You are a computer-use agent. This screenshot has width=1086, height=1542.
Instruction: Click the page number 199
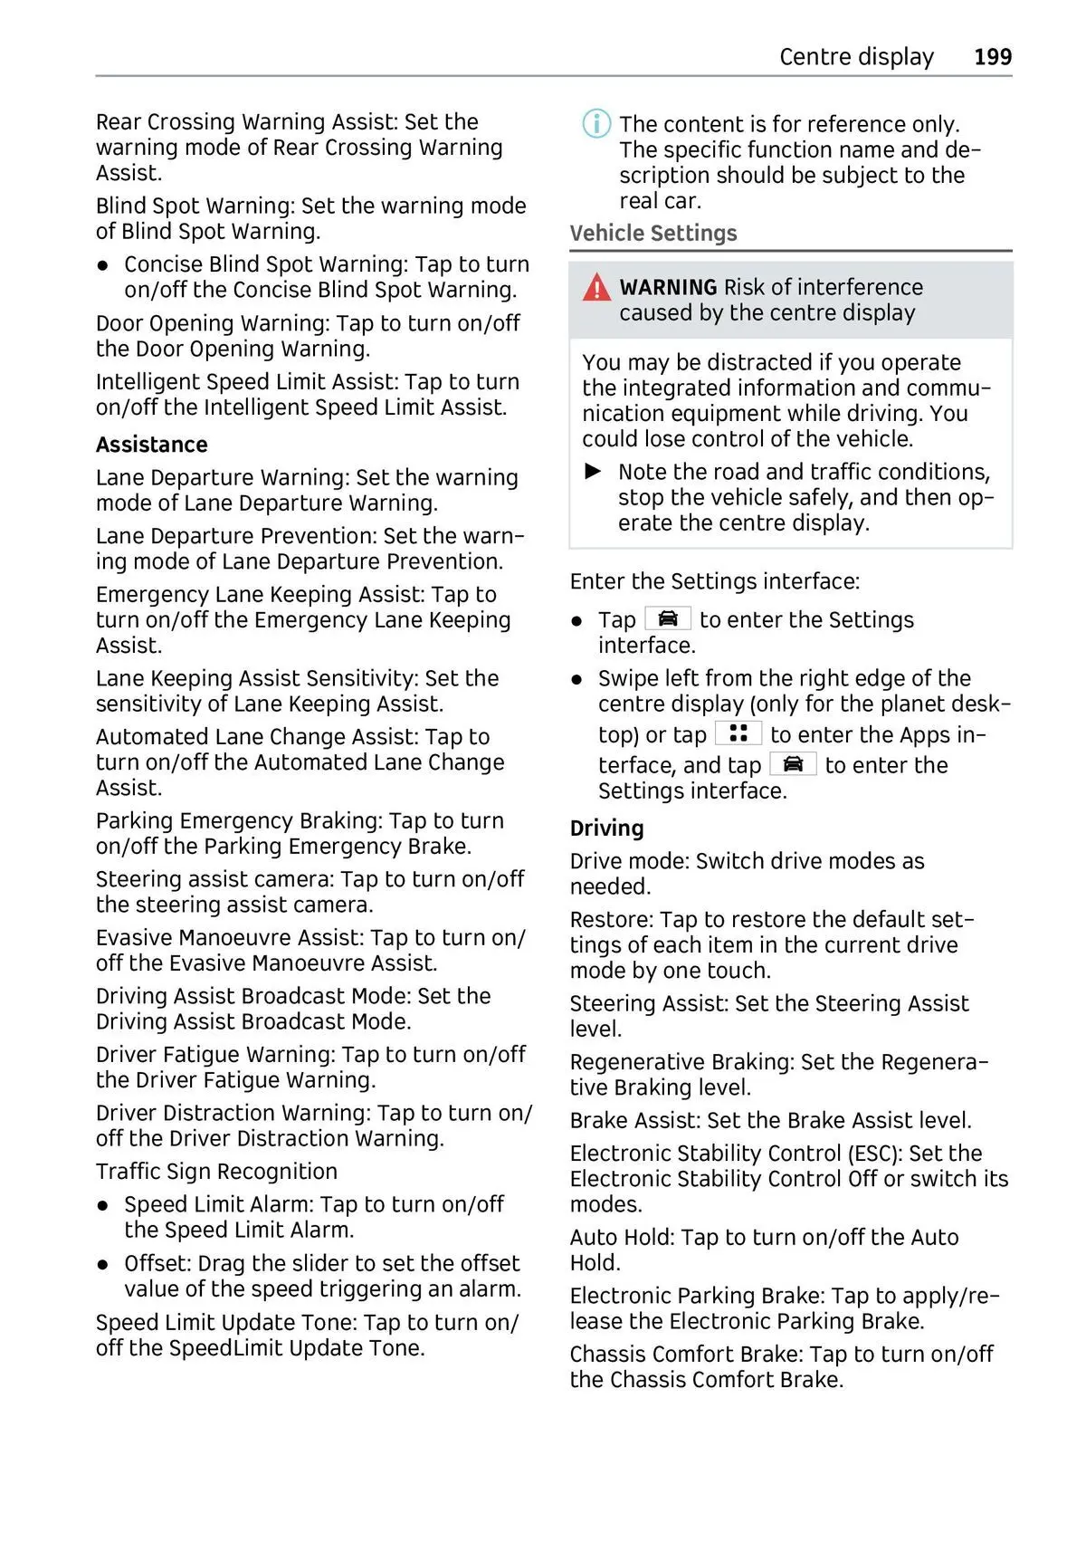point(992,57)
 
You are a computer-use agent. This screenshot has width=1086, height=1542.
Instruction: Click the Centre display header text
point(855,57)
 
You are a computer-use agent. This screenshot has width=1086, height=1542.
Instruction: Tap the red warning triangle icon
point(596,288)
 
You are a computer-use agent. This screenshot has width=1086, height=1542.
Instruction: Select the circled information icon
point(596,123)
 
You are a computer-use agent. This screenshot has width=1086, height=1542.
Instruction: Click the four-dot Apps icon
point(738,733)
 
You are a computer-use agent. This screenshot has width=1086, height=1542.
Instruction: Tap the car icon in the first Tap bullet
point(668,618)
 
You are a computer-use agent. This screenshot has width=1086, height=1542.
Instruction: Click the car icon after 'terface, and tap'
point(793,764)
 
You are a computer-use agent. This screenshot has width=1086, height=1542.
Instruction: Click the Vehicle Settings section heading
point(653,234)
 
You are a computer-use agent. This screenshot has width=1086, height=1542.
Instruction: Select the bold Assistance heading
point(152,445)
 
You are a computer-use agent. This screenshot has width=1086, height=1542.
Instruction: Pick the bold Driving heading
point(606,828)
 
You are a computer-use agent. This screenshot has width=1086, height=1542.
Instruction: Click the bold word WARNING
point(668,287)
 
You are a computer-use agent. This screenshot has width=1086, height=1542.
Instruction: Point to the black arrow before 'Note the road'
point(594,471)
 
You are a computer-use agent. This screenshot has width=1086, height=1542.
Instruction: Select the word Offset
point(156,1263)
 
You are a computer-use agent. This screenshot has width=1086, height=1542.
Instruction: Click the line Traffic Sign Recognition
point(216,1172)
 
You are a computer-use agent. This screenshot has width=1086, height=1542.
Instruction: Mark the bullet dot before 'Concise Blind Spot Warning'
point(104,265)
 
